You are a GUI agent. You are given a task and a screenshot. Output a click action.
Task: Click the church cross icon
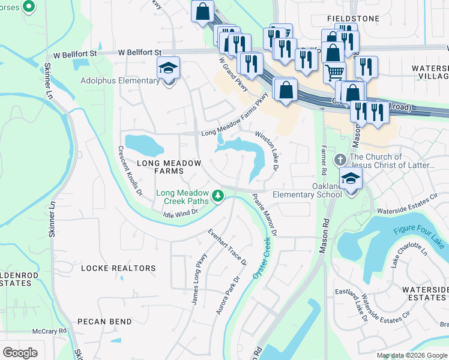340,159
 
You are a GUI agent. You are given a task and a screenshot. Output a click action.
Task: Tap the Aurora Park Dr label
228,296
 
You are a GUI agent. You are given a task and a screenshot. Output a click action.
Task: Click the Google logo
20,353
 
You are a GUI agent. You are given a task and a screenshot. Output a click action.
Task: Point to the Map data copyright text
411,355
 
